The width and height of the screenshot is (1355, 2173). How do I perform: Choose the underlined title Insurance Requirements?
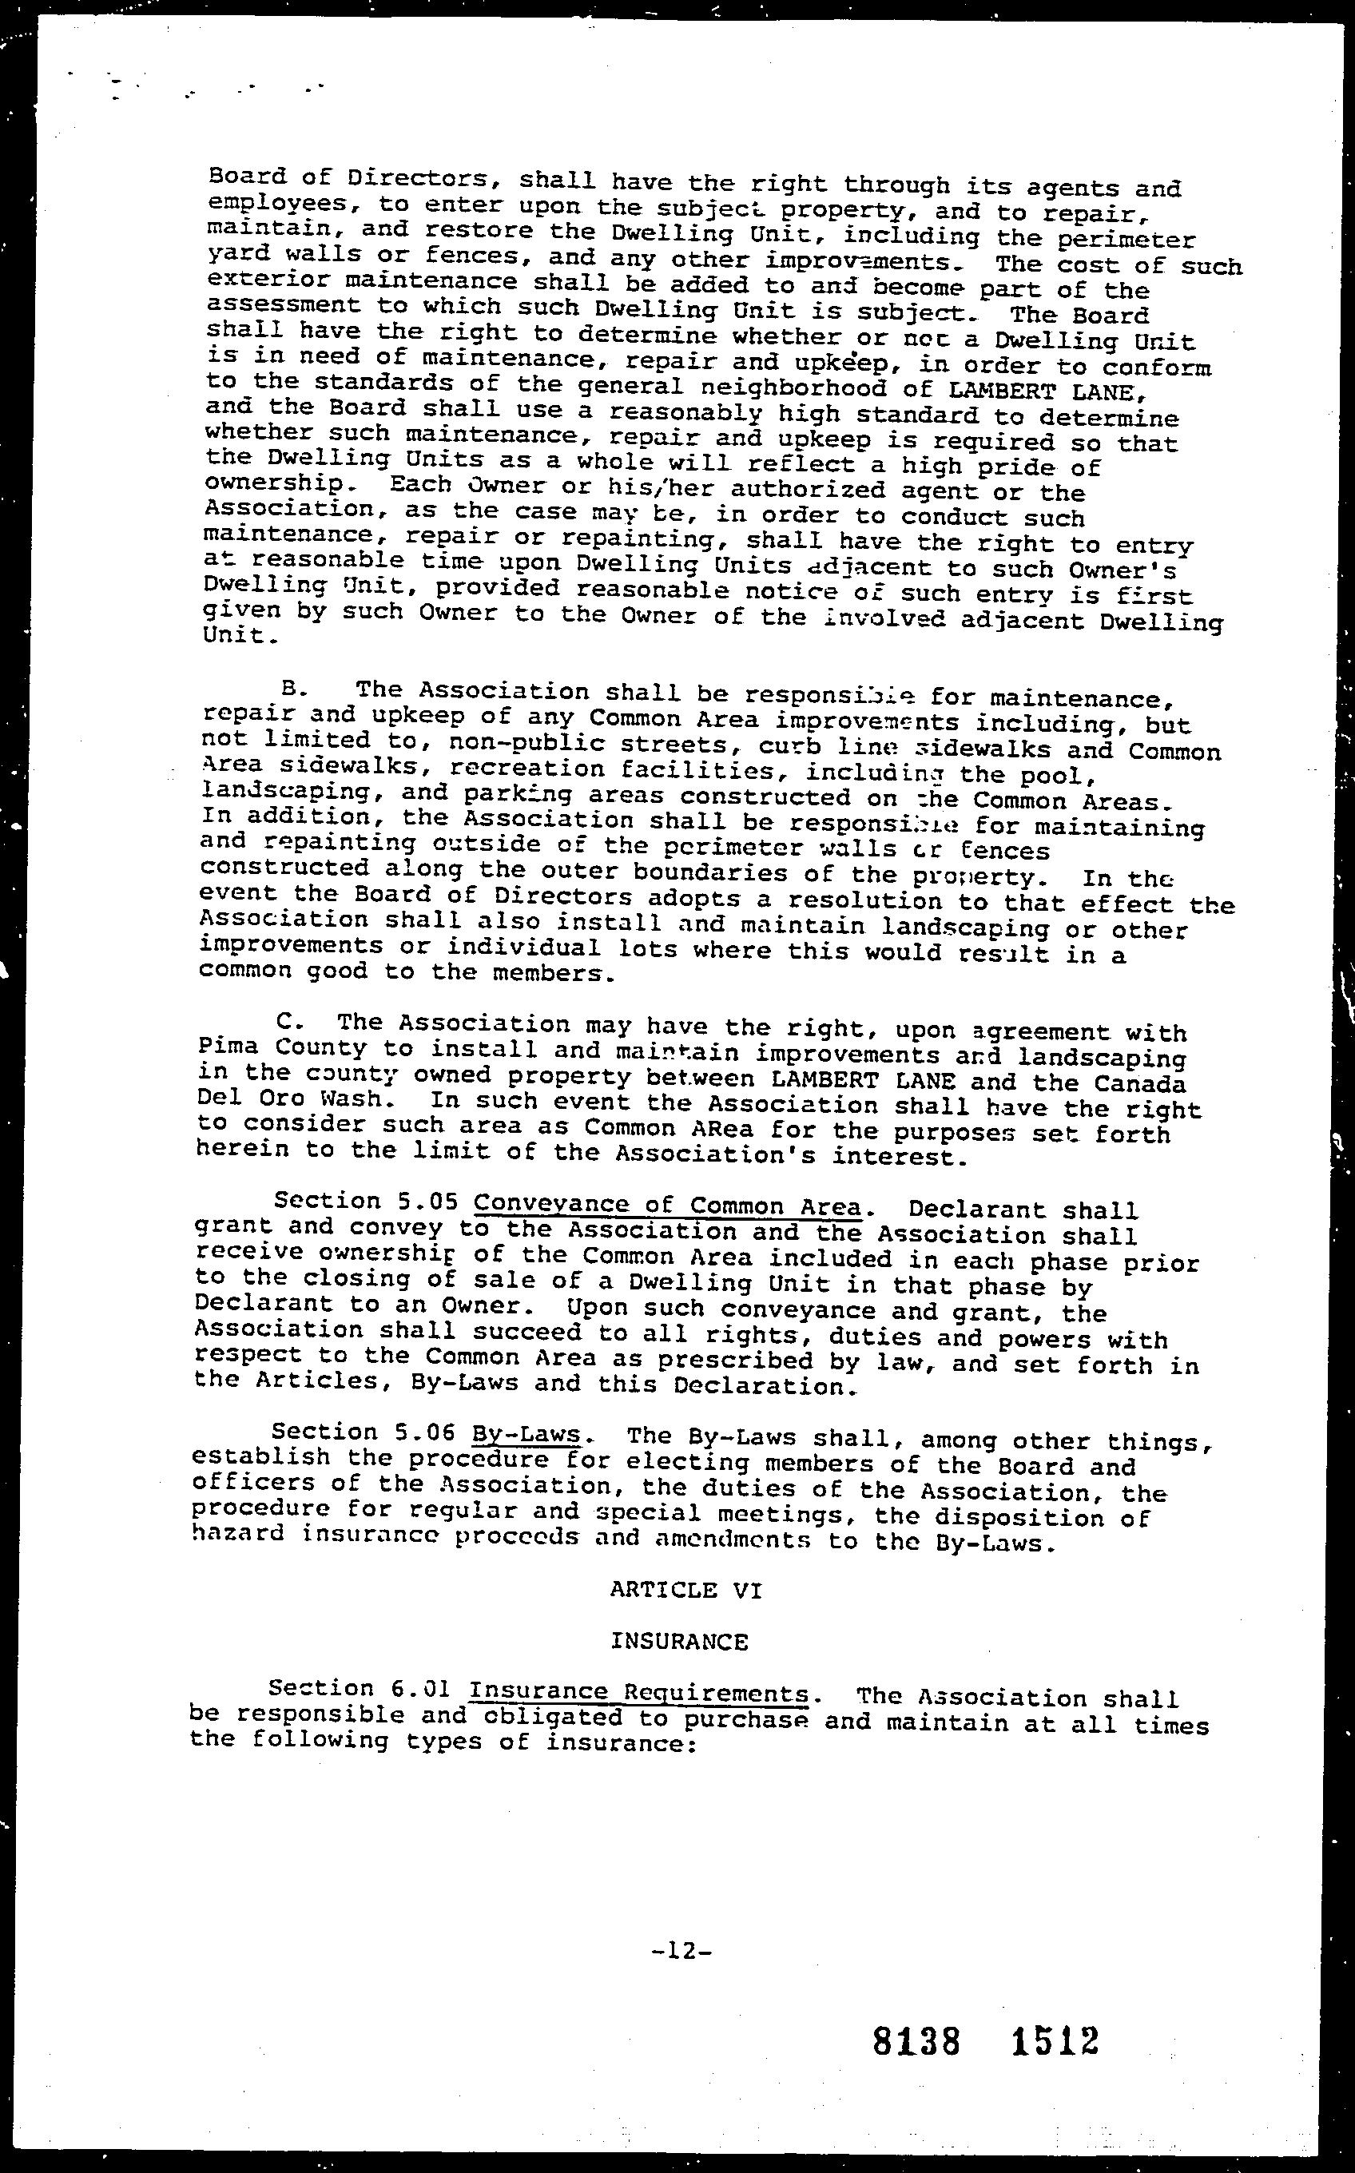639,1692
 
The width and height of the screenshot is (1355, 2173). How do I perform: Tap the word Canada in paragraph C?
1140,1084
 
